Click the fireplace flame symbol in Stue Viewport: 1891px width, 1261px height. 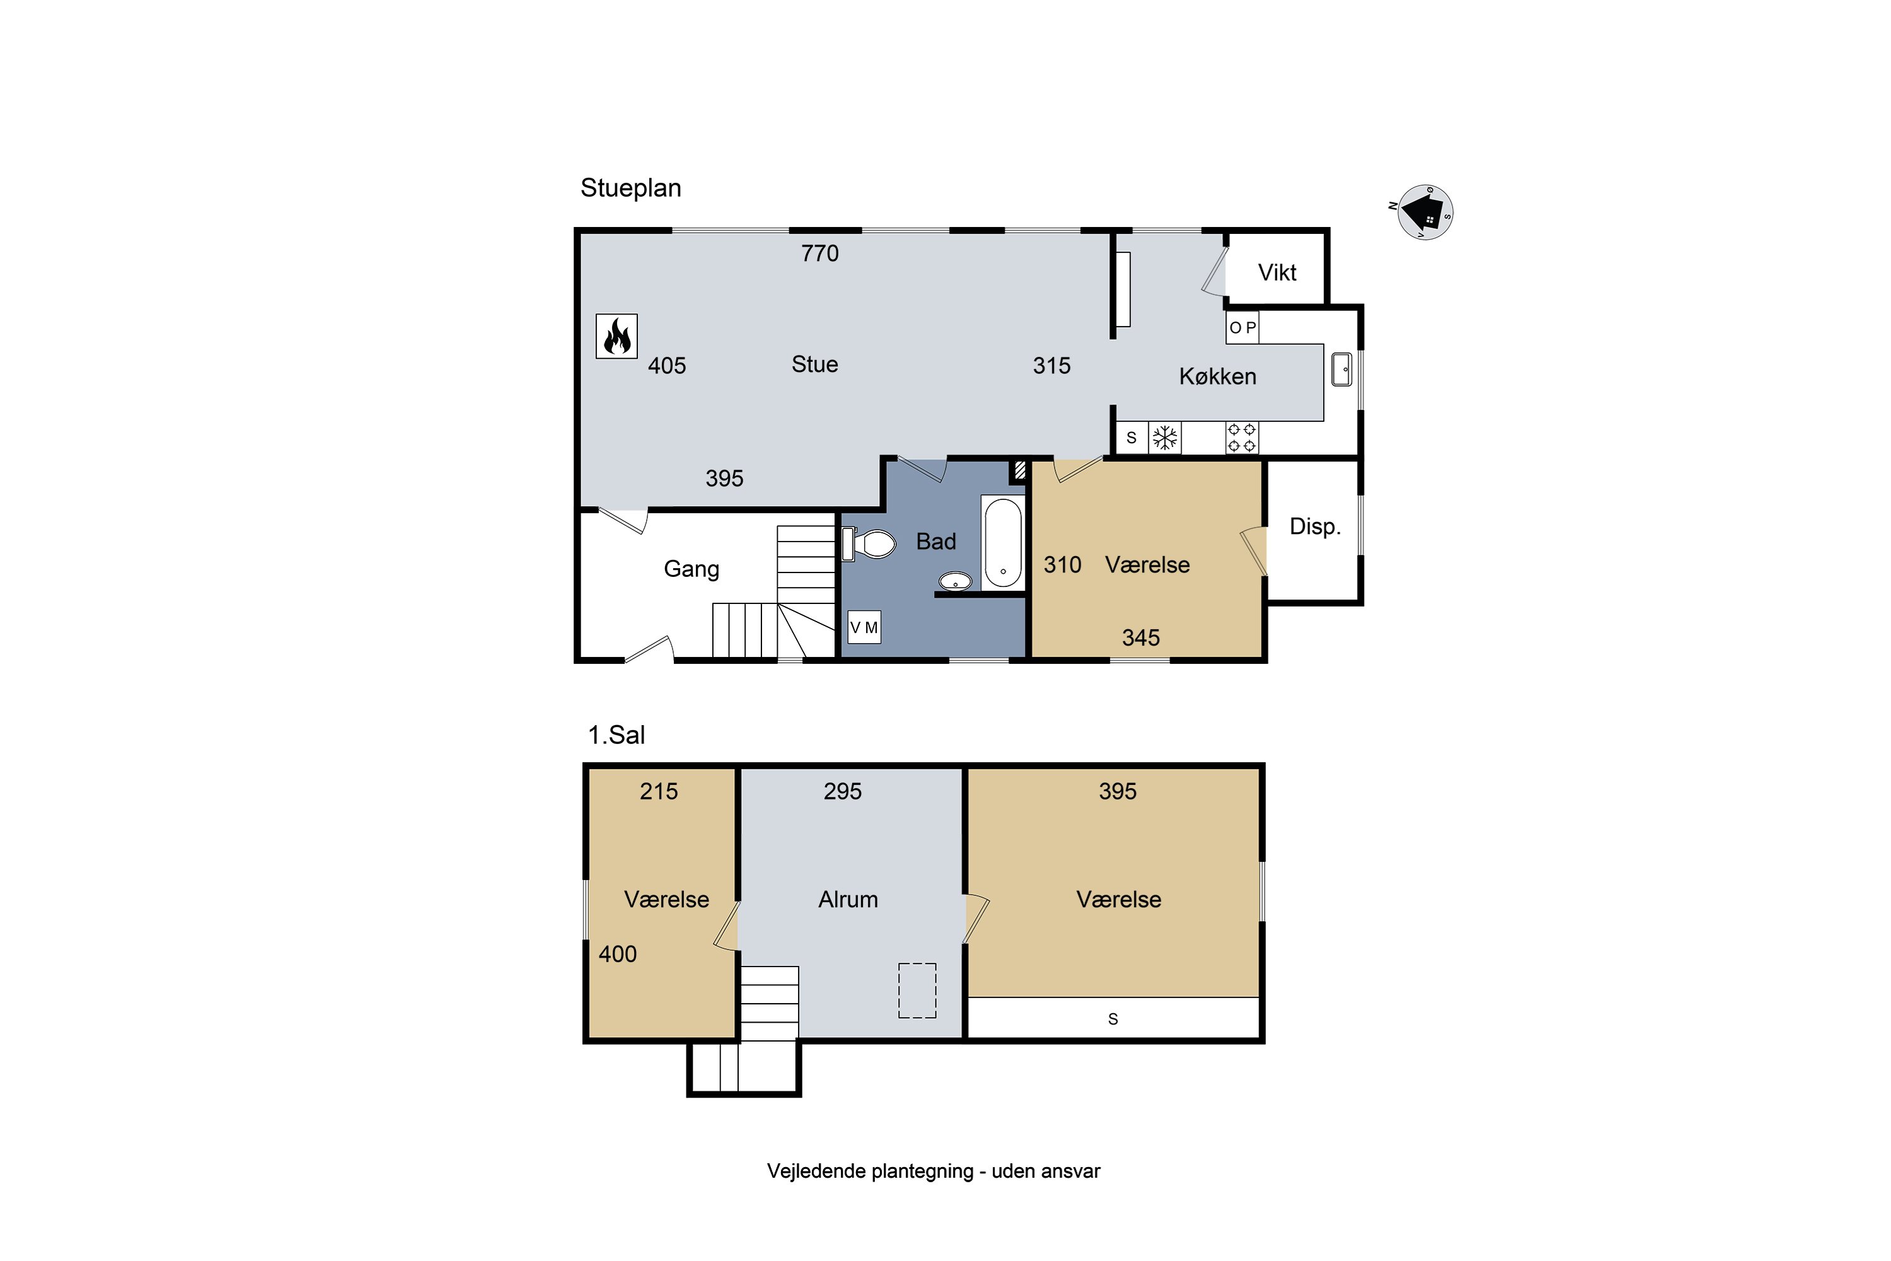coord(616,335)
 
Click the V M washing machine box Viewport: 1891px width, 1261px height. coord(864,627)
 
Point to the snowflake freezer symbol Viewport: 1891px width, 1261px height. coord(1164,438)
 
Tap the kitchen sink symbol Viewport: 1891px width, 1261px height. coord(1341,369)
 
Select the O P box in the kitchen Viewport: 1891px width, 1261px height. coord(1242,327)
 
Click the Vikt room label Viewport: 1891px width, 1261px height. coord(1277,272)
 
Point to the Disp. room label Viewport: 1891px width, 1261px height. coord(1314,526)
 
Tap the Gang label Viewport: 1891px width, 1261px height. coord(691,569)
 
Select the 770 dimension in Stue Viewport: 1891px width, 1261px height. coord(819,253)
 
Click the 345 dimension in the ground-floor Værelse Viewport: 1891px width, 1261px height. coord(1141,637)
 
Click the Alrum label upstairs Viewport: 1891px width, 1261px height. coord(848,899)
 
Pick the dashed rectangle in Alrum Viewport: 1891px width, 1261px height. coord(917,990)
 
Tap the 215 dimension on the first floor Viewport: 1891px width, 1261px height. coord(659,791)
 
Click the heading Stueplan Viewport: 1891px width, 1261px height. coord(630,188)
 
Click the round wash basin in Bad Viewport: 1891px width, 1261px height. coord(955,581)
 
